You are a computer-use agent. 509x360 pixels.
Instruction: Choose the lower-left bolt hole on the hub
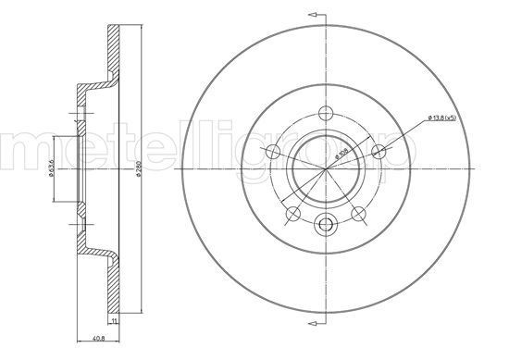[294, 214]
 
